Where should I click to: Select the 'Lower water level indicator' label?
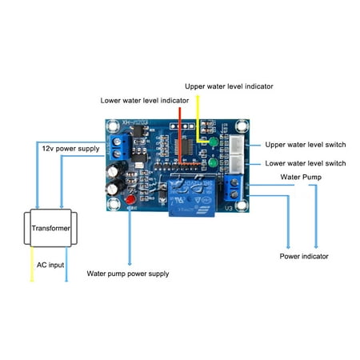(145, 101)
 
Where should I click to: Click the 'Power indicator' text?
(303, 256)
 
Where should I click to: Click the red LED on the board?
(130, 199)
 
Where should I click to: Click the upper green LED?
(214, 144)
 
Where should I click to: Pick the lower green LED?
(214, 165)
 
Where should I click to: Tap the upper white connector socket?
(238, 143)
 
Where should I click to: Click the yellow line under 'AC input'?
(33, 274)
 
